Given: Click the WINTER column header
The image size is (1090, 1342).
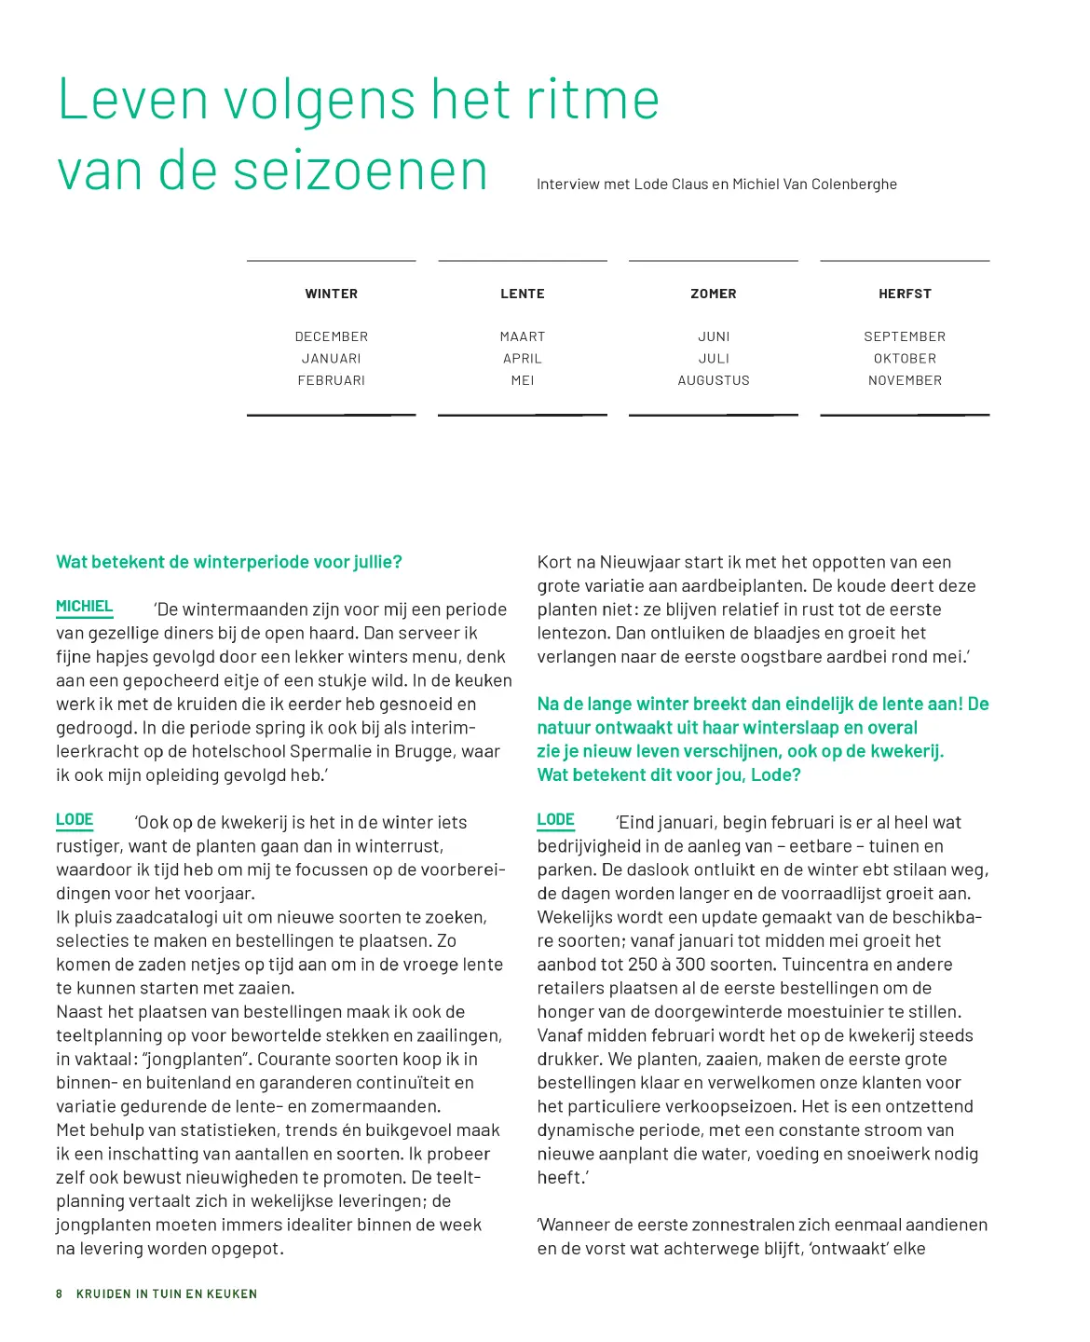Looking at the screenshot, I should [331, 294].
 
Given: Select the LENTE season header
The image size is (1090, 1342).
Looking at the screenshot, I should [522, 294].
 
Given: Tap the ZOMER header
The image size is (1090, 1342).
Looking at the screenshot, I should [713, 294].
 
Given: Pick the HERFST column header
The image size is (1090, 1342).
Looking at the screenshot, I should [905, 294].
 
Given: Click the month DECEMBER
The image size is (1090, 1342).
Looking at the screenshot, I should [331, 336].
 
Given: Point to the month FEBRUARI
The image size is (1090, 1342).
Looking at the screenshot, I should [331, 380].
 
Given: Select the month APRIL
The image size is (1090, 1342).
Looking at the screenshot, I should [522, 359].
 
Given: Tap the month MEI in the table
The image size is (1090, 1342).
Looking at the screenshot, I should [523, 380].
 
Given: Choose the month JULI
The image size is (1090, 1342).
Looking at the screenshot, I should [714, 359].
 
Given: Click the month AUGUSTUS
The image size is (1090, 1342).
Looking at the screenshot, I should [713, 380].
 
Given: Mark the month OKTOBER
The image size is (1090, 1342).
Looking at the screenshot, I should [905, 359].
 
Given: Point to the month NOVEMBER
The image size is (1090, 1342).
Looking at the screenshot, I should [905, 380].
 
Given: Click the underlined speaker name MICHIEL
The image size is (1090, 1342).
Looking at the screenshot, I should [84, 607].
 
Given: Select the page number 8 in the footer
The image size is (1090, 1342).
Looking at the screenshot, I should [60, 1294].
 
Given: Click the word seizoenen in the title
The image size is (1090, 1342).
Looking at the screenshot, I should [360, 171].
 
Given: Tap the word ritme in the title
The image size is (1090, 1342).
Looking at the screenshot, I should [593, 100].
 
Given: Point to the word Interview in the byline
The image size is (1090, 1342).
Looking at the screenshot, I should [567, 185].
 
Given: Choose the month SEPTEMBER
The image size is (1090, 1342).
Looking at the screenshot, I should [905, 336].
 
